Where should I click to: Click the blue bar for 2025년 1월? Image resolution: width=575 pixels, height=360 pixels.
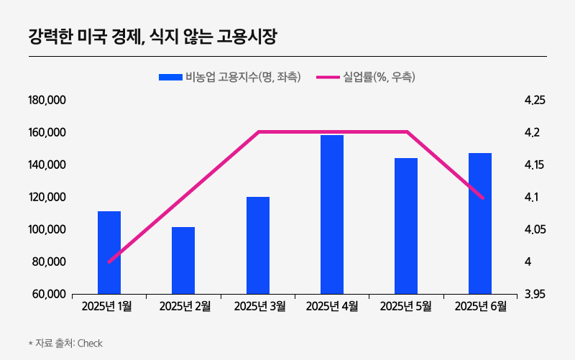coord(109,252)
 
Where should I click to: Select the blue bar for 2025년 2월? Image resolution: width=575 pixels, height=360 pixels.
coord(183,260)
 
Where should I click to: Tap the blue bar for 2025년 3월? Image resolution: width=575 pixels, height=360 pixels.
coord(258,245)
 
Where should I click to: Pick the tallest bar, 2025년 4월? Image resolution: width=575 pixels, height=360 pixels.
coord(332,214)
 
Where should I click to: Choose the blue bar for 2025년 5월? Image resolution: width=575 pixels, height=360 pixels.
coord(406,226)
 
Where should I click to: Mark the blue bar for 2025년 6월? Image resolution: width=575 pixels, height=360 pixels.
coord(480,223)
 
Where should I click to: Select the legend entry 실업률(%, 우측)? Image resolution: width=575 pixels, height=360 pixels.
coord(367,76)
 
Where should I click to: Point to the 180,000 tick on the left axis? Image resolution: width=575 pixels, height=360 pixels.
coord(47,101)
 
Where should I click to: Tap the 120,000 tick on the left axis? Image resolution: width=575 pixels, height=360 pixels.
coord(47,198)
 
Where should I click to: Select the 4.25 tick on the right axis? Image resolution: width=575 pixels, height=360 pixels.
coord(535,101)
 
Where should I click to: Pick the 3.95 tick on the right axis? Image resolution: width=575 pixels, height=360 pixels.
coord(535,295)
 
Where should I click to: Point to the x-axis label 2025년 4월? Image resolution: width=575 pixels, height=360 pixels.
coord(332,307)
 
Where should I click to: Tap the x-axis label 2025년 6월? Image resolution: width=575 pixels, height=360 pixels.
coord(480,307)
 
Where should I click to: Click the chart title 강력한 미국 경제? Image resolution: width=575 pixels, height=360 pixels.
coord(152,35)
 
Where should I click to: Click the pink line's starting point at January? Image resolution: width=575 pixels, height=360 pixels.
coord(109,262)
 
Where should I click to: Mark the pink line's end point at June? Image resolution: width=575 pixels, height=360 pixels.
coord(482,198)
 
